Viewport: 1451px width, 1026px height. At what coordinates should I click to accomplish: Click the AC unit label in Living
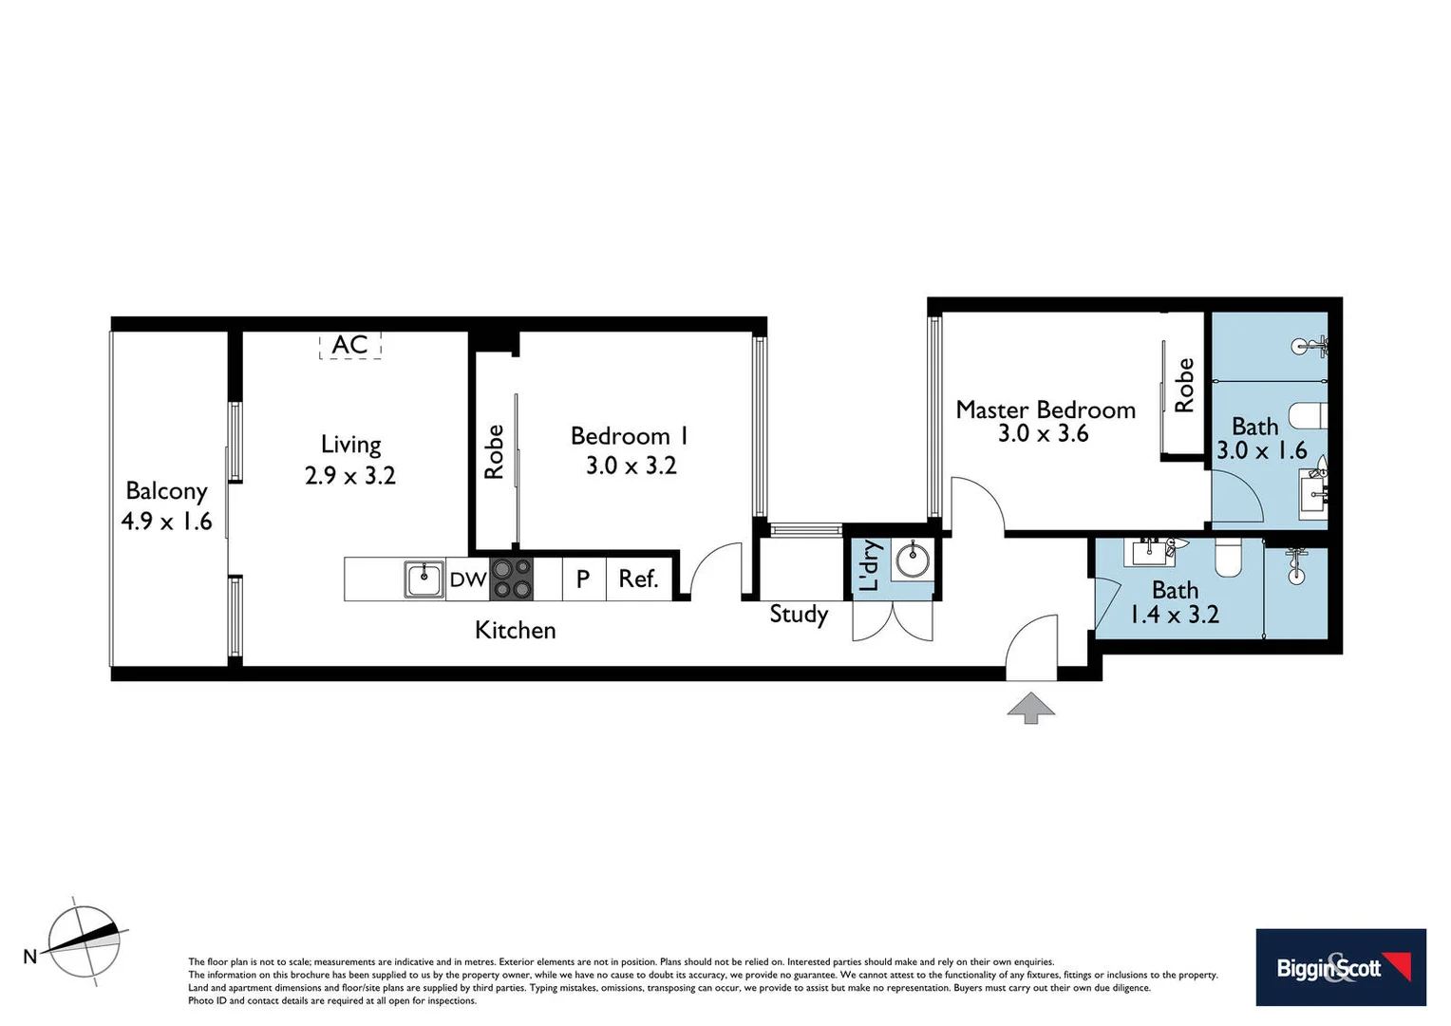(x=349, y=345)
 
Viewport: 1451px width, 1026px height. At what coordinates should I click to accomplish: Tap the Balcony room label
(x=166, y=491)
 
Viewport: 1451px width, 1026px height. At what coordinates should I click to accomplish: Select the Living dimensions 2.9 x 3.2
(x=349, y=475)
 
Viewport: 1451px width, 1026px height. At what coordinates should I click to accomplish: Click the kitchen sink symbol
(x=424, y=579)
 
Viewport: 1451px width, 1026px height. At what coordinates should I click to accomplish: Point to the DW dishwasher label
(x=467, y=579)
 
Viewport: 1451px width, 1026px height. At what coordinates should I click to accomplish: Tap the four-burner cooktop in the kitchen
(x=512, y=579)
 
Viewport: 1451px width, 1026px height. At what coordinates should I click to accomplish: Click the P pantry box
(x=583, y=579)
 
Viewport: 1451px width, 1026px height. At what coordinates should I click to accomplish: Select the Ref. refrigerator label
(x=638, y=579)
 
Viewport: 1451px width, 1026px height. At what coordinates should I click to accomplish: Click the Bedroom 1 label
(x=629, y=436)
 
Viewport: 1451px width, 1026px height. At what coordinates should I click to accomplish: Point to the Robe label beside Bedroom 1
(x=494, y=451)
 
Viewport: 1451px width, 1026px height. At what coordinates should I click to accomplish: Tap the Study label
(x=798, y=614)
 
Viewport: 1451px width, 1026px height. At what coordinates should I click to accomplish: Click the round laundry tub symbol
(x=914, y=560)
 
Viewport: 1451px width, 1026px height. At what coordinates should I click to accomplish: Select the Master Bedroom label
(x=1045, y=409)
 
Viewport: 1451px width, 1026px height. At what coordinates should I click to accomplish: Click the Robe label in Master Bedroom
(x=1184, y=385)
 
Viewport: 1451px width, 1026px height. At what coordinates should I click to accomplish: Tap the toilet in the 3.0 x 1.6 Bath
(x=1307, y=416)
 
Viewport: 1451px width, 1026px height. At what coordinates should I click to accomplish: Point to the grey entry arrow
(x=1031, y=708)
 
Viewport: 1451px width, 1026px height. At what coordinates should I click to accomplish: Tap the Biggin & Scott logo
(x=1340, y=967)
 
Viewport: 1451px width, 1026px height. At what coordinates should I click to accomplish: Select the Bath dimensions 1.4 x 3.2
(x=1174, y=615)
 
